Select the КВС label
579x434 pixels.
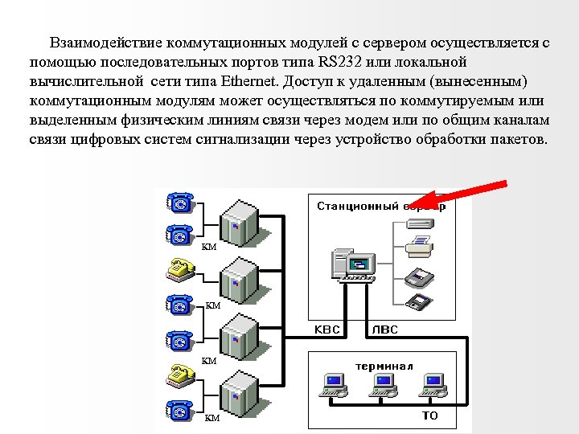[x=327, y=330]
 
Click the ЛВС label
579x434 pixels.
[x=384, y=330]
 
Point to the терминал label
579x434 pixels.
[x=384, y=366]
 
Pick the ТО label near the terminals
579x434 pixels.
[x=429, y=416]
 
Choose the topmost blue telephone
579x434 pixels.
[x=179, y=202]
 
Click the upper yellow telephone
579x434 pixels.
[x=179, y=268]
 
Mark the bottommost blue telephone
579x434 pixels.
[x=179, y=409]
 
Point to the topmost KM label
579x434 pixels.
[x=209, y=247]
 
